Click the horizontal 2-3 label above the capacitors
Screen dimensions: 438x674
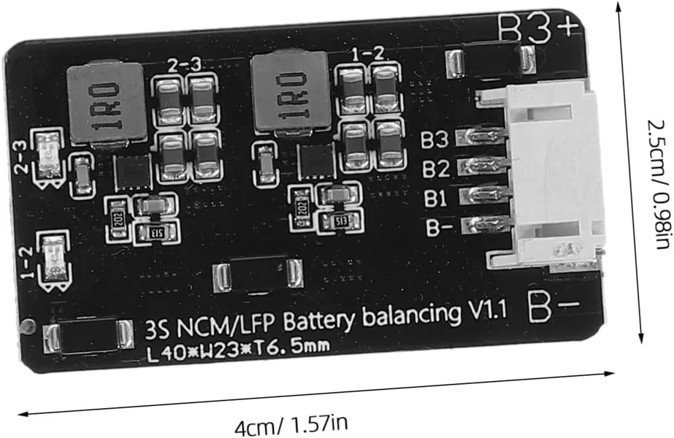click(x=183, y=66)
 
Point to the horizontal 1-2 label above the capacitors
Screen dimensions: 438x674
click(x=367, y=55)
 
